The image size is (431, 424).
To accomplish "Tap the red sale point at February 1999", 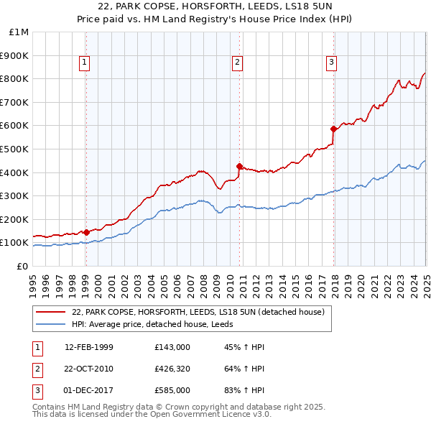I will [x=86, y=232].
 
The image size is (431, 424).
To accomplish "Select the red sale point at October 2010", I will [x=239, y=165].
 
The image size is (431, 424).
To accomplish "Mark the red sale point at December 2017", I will [x=333, y=129].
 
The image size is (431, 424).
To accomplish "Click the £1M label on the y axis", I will [x=19, y=32].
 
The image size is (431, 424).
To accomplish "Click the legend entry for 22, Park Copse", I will [x=198, y=312].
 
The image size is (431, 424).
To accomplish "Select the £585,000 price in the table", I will [x=172, y=390].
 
